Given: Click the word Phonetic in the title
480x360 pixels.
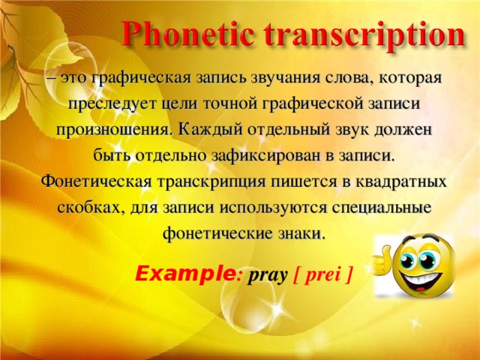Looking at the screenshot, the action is pyautogui.click(x=188, y=34).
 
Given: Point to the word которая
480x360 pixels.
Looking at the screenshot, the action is pyautogui.click(x=410, y=79).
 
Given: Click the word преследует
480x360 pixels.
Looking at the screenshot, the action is pyautogui.click(x=113, y=105).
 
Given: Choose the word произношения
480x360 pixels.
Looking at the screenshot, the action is pyautogui.click(x=113, y=130).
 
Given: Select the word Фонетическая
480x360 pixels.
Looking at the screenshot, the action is pyautogui.click(x=97, y=181).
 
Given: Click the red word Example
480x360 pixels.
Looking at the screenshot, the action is pyautogui.click(x=185, y=274).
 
